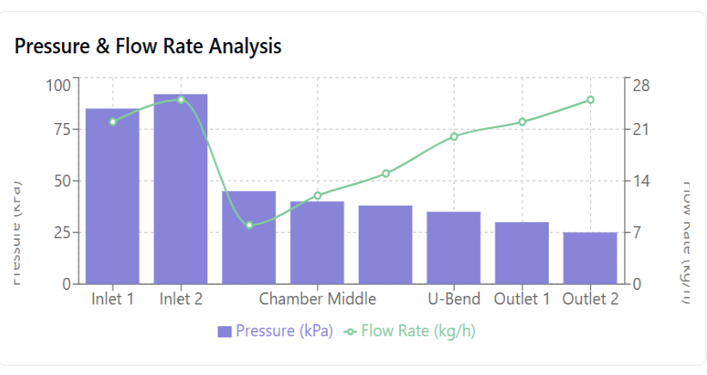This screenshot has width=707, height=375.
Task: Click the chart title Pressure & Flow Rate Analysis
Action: [x=148, y=46]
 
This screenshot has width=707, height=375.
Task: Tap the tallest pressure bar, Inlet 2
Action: [x=181, y=189]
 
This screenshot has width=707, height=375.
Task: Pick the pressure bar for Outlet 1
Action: [x=522, y=253]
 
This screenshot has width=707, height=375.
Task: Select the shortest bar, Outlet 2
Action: [x=590, y=258]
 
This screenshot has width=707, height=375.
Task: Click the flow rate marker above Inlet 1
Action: [x=113, y=122]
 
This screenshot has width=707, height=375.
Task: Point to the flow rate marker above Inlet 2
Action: [x=181, y=100]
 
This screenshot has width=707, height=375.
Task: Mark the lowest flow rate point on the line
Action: [x=249, y=225]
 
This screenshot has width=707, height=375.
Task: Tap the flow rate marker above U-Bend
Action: [x=454, y=136]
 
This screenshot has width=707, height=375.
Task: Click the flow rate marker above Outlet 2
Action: [x=590, y=100]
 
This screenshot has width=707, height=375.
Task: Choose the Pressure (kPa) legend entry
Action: [x=275, y=331]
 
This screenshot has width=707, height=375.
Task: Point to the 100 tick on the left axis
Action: [x=59, y=85]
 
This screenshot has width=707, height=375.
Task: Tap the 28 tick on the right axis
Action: [x=642, y=85]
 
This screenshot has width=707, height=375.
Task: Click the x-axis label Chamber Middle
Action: [x=317, y=299]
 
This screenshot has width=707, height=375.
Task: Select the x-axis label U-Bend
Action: [x=453, y=299]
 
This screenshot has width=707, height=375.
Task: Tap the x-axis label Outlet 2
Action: [x=590, y=299]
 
